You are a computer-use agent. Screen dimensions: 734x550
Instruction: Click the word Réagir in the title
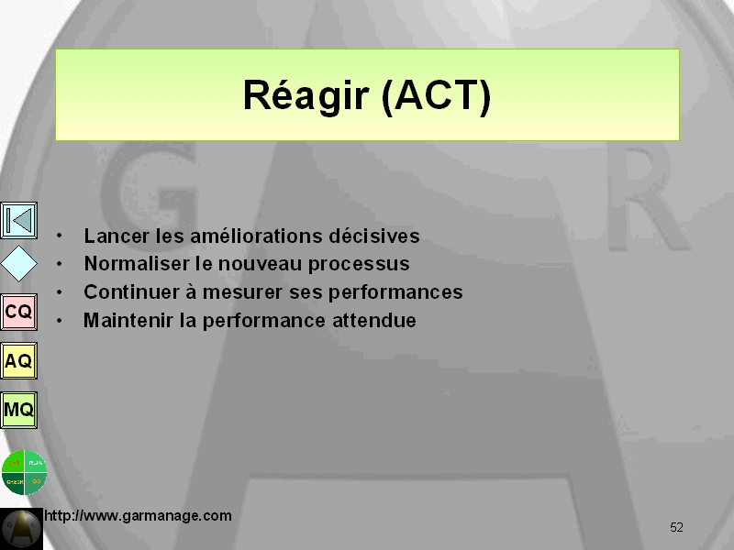coord(306,96)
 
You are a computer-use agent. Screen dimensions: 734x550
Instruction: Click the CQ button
coord(18,312)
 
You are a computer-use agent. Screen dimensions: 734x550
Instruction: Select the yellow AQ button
coord(18,360)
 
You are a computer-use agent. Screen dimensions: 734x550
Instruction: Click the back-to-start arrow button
coord(18,220)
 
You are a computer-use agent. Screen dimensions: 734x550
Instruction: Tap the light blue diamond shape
coord(18,264)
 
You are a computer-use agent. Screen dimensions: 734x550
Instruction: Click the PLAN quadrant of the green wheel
coord(36,462)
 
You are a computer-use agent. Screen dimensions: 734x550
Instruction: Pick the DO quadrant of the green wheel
coord(35,483)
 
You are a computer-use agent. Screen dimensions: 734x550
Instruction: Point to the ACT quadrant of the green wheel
coord(13,462)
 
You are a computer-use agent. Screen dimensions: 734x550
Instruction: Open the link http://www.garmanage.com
coord(138,516)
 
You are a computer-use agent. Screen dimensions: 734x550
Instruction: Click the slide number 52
coord(676,528)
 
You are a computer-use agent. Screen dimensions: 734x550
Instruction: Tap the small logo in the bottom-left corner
coord(21,529)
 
